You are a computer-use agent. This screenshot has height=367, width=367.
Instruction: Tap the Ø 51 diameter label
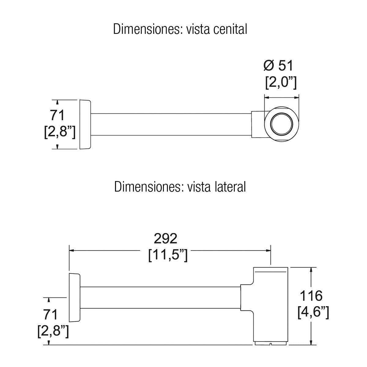(278, 65)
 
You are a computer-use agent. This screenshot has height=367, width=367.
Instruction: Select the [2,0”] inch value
(281, 83)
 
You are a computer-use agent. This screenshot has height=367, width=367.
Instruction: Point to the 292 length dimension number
(165, 239)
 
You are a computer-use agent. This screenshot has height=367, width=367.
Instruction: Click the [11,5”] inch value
(168, 255)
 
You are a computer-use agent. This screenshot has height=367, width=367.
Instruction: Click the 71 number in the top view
(57, 115)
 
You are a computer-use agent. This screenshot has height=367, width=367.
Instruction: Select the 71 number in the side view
(50, 315)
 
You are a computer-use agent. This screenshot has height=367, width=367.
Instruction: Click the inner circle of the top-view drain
(282, 124)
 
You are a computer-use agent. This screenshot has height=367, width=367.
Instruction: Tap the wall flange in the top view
(85, 124)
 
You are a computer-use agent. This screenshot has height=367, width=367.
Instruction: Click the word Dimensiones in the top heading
(146, 29)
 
